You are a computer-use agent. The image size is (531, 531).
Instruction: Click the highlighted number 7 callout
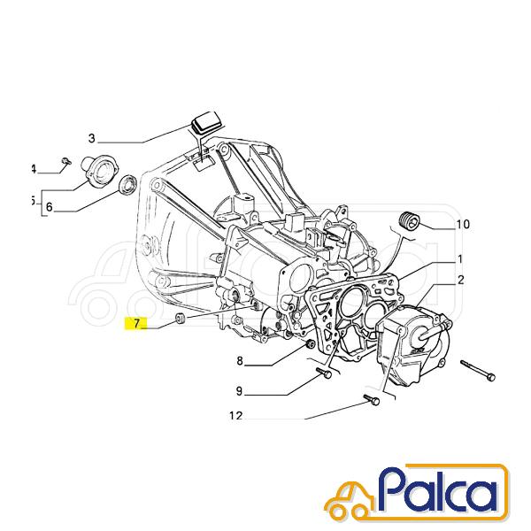click(x=136, y=323)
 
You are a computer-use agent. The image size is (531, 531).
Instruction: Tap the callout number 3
click(x=92, y=139)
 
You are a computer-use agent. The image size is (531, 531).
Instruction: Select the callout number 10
click(x=463, y=224)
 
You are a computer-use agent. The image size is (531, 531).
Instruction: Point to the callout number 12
click(x=236, y=416)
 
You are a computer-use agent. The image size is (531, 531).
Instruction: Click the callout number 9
click(x=240, y=391)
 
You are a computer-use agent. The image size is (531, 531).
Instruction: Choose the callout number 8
click(x=240, y=361)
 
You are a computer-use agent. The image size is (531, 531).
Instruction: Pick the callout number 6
click(x=50, y=206)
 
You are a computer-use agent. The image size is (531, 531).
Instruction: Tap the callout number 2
click(x=460, y=280)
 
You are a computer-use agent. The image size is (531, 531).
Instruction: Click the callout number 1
click(x=460, y=259)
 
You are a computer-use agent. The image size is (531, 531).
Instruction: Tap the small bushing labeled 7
click(x=181, y=319)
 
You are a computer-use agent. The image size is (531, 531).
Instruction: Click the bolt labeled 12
click(x=372, y=400)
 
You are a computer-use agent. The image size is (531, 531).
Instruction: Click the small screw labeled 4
click(x=66, y=161)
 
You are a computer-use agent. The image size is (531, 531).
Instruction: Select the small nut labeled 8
click(x=309, y=345)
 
